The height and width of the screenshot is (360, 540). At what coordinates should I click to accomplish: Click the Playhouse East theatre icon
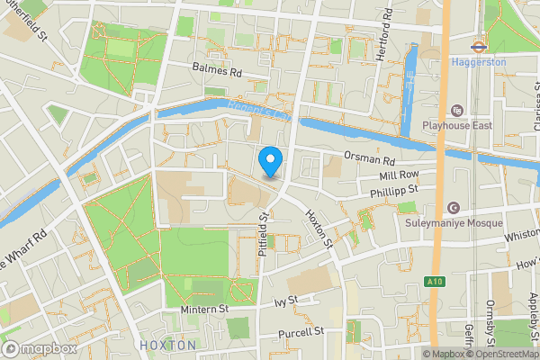tap(457, 110)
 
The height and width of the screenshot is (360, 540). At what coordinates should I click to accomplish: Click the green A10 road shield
tap(435, 282)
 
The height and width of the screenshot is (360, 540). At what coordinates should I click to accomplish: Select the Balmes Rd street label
tap(218, 69)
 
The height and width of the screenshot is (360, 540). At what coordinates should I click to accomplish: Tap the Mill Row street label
tap(400, 175)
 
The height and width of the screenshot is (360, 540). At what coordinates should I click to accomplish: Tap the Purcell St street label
tap(301, 332)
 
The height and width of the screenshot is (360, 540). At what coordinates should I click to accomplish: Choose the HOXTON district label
tap(167, 346)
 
